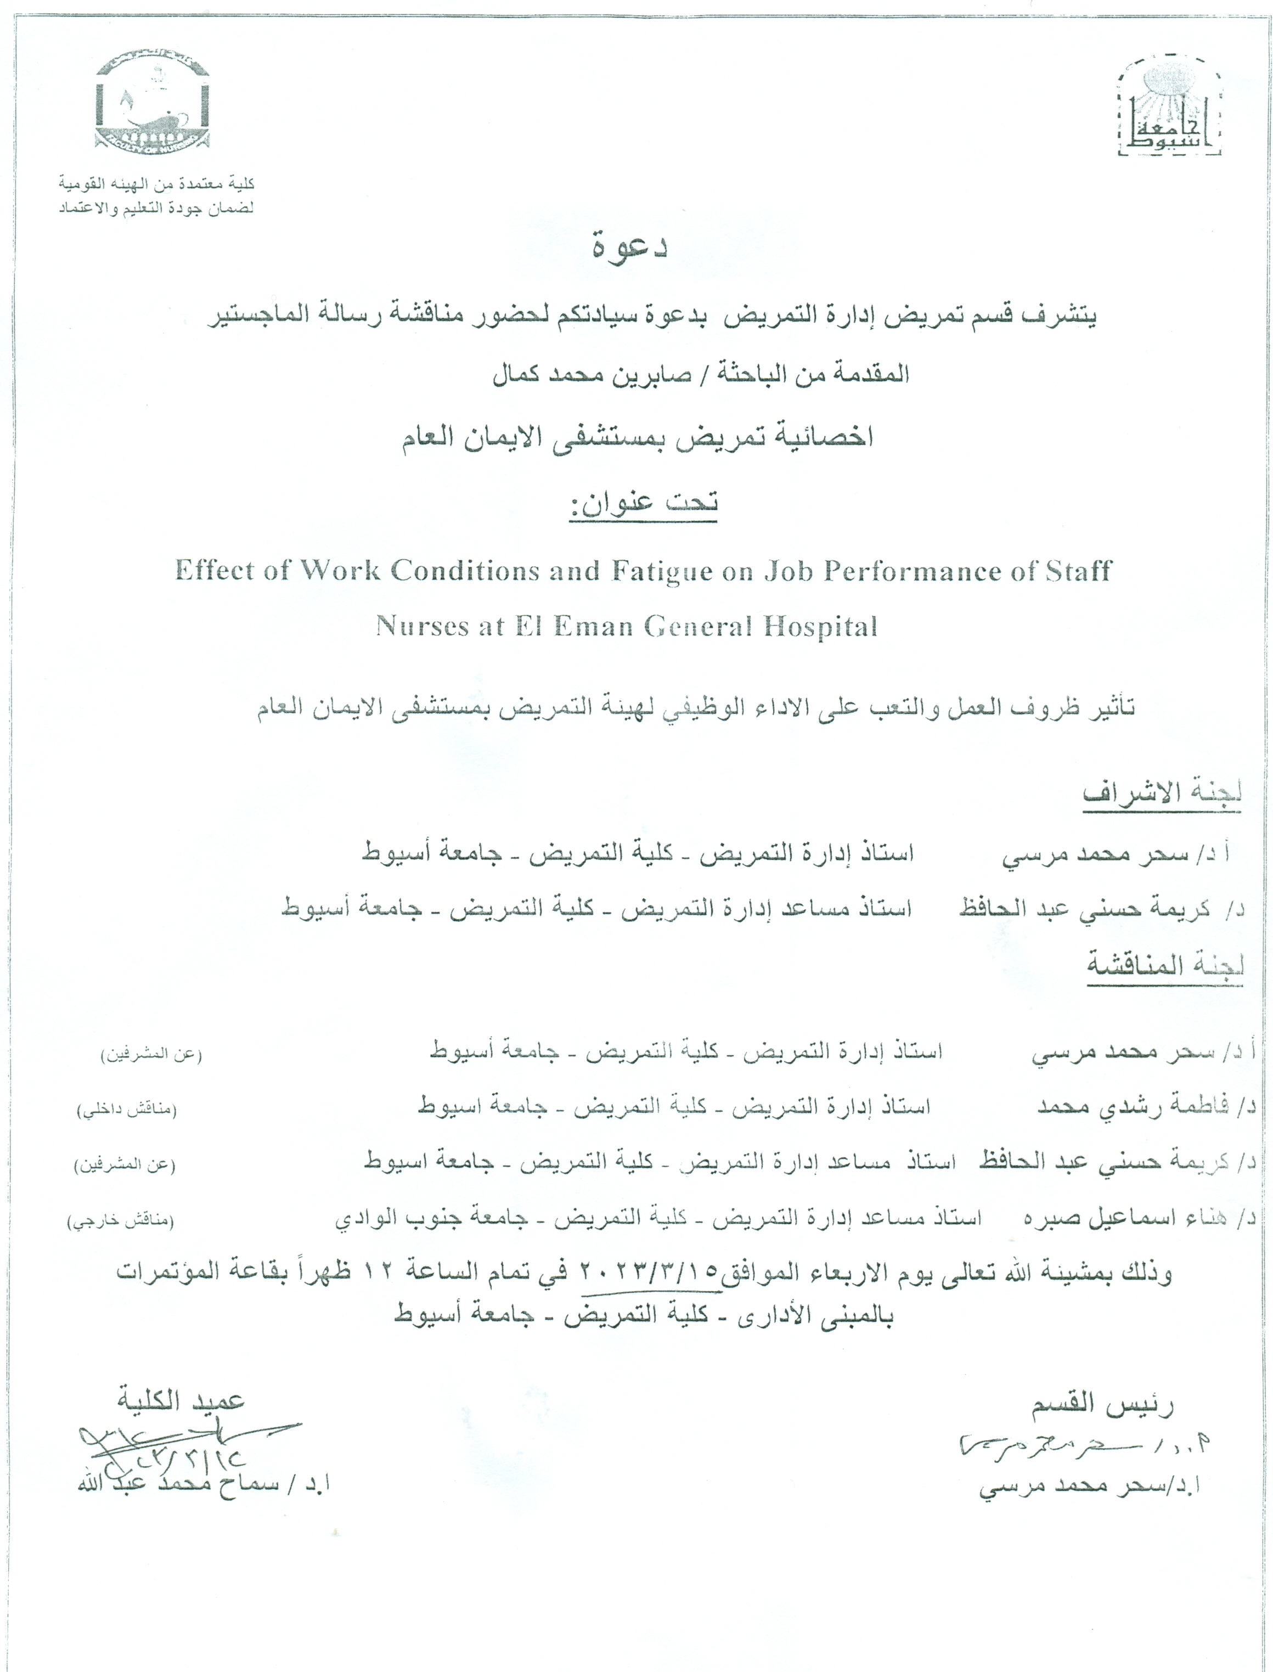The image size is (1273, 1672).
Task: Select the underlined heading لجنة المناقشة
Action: (x=1165, y=965)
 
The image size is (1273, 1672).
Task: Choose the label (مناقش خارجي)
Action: (x=121, y=1221)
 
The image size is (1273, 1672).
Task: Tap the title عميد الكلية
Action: (x=181, y=1400)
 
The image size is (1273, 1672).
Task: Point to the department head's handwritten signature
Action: (x=1076, y=1446)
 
